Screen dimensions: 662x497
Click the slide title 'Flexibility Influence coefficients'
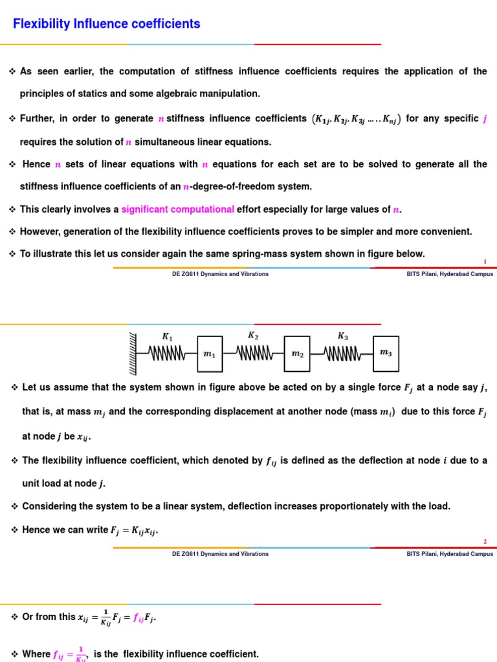pyautogui.click(x=107, y=24)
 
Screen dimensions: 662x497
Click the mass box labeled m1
pyautogui.click(x=208, y=354)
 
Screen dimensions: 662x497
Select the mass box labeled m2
pyautogui.click(x=297, y=354)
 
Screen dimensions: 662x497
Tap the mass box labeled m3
pyautogui.click(x=386, y=353)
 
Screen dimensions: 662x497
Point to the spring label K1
pyautogui.click(x=167, y=336)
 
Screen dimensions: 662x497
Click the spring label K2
pyautogui.click(x=253, y=336)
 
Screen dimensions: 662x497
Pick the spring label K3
pyautogui.click(x=342, y=336)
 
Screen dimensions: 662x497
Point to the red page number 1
pyautogui.click(x=485, y=261)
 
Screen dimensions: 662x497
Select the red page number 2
pyautogui.click(x=485, y=541)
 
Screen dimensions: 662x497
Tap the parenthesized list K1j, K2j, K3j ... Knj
pyautogui.click(x=356, y=119)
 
